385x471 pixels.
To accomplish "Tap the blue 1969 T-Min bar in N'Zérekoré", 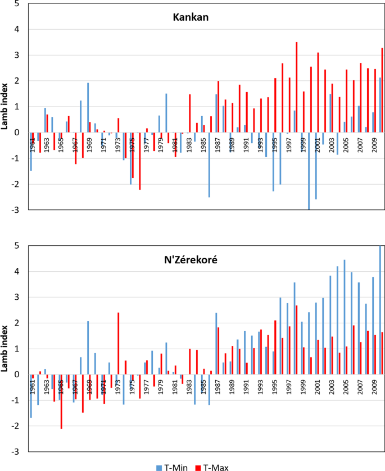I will (x=88, y=347).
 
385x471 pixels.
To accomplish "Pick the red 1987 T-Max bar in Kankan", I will (x=218, y=107).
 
